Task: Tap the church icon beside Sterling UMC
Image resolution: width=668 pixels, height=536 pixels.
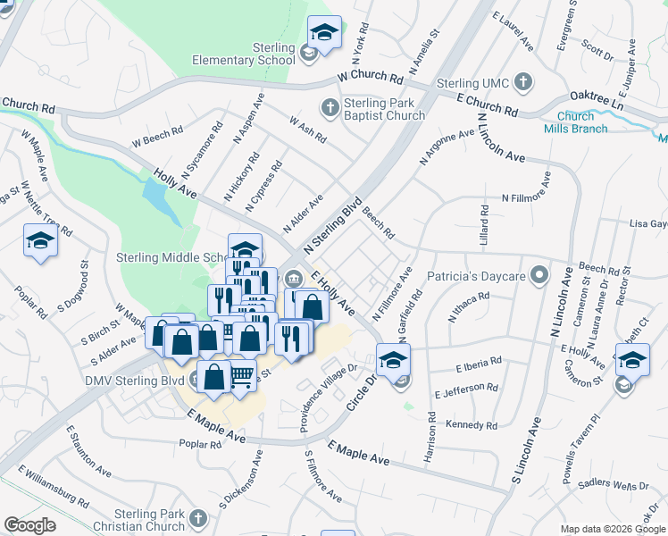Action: tap(524, 84)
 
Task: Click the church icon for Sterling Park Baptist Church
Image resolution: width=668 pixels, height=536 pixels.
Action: tap(330, 108)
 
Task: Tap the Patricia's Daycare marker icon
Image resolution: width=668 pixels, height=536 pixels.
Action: tap(538, 276)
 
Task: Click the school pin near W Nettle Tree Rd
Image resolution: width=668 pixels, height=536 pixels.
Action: tap(40, 242)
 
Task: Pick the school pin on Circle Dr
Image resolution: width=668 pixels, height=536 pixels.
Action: tap(392, 360)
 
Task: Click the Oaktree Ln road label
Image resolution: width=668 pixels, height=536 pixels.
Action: tap(594, 99)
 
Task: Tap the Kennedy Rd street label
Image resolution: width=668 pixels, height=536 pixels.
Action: tap(474, 424)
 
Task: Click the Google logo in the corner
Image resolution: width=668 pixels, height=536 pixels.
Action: tap(29, 525)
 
